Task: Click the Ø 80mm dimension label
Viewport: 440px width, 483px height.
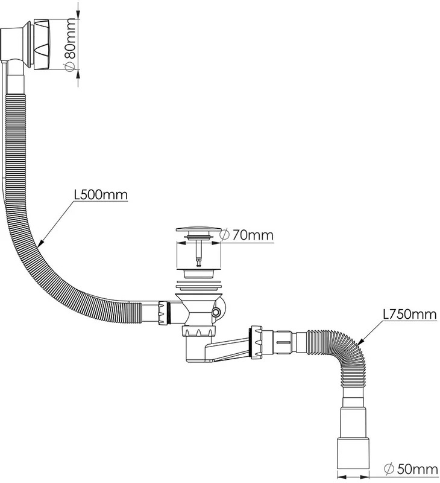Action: coord(70,45)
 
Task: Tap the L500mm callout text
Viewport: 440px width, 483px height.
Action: coord(101,194)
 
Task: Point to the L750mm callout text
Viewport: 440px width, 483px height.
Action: coord(409,314)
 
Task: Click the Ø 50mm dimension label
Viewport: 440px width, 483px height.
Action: coord(411,470)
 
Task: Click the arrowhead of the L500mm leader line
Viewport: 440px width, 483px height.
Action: coord(41,243)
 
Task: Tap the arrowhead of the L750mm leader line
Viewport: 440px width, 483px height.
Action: coord(360,341)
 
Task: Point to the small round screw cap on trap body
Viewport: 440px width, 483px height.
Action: coord(216,312)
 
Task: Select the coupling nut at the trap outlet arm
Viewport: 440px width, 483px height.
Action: coord(256,342)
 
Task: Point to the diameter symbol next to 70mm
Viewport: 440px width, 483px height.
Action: coord(225,235)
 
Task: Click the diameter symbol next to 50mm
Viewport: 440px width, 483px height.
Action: coord(389,470)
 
